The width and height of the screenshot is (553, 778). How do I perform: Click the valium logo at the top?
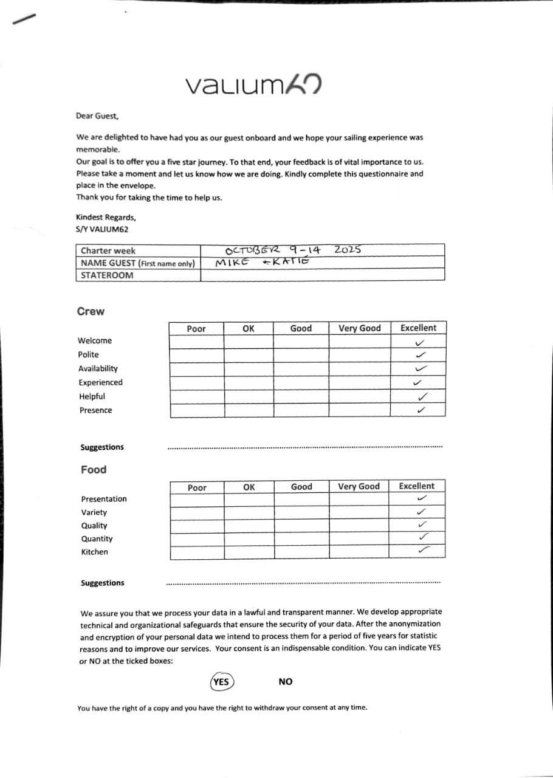point(253,85)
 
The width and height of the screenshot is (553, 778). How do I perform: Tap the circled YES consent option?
point(222,681)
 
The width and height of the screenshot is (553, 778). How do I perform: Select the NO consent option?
point(286,681)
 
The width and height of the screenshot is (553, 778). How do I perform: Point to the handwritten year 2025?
point(348,249)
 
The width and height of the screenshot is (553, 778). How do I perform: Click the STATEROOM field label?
point(107,275)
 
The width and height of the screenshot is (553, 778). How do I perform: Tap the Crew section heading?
point(91,311)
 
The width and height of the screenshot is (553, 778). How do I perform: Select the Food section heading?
point(94,469)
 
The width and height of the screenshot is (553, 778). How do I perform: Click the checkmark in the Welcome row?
point(419,342)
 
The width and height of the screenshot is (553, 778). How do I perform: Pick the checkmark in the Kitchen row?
point(424,550)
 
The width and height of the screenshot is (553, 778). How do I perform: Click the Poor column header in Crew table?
point(196,328)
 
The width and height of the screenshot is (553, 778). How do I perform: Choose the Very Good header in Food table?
point(359,486)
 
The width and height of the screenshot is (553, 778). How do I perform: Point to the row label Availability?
point(98,368)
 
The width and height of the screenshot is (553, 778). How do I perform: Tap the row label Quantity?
point(97,539)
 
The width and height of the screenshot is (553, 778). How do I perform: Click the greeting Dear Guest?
point(97,115)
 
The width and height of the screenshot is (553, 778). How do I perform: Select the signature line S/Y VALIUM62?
point(102,229)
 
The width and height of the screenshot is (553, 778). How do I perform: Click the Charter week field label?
point(108,250)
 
